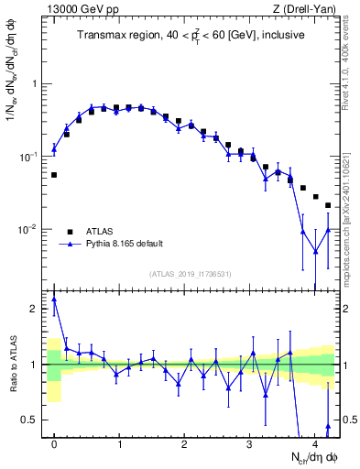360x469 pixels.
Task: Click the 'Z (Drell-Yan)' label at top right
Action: tap(307, 9)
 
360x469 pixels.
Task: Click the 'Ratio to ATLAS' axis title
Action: tap(12, 365)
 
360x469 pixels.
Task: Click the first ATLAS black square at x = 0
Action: tap(54, 174)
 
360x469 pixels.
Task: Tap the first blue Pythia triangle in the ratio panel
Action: tap(54, 299)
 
